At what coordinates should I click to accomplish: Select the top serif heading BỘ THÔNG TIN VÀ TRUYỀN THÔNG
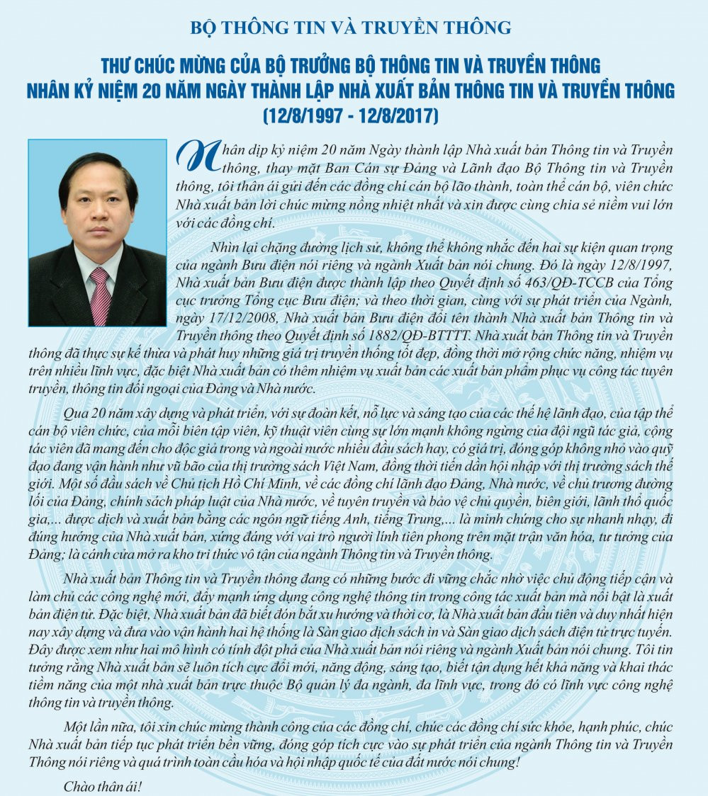[351, 28]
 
